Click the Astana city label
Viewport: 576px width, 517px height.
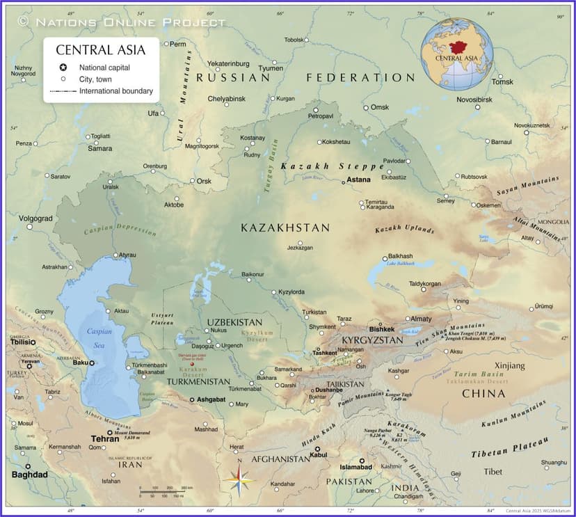point(359,180)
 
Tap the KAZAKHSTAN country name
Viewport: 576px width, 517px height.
point(285,228)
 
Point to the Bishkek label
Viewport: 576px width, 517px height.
point(382,329)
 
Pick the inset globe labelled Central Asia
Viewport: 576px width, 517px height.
point(457,54)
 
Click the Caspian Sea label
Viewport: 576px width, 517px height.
point(99,337)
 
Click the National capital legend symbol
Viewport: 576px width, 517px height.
point(63,67)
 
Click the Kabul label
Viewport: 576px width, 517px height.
point(318,455)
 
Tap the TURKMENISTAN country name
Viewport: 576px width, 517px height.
point(198,381)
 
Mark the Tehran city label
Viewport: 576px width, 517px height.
point(105,439)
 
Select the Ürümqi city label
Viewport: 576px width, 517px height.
point(546,307)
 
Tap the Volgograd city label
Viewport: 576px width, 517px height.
point(35,218)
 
